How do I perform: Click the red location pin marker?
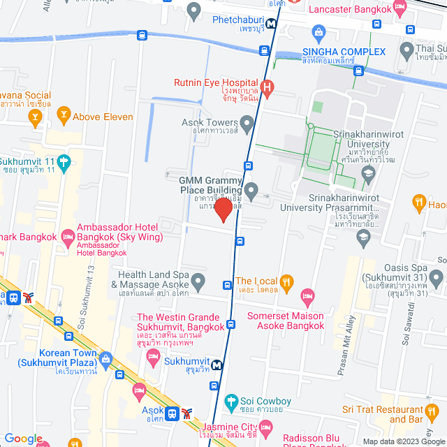223,210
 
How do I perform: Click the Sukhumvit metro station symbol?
218,364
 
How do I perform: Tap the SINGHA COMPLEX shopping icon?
318,31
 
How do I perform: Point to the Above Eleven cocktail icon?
64,112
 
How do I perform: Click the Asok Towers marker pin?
246,126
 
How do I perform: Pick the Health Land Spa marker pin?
199,283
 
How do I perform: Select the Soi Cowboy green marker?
232,402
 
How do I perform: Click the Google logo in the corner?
23,438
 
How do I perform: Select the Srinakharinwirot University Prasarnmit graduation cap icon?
363,237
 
